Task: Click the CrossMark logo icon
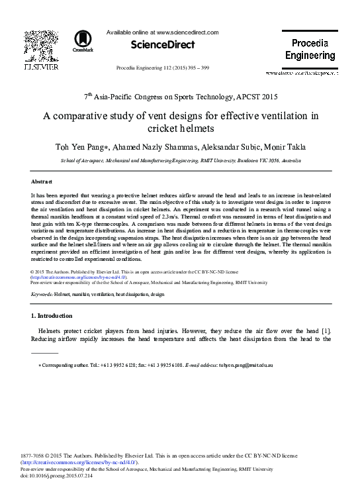click(83, 40)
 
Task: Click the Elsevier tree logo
click(40, 44)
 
